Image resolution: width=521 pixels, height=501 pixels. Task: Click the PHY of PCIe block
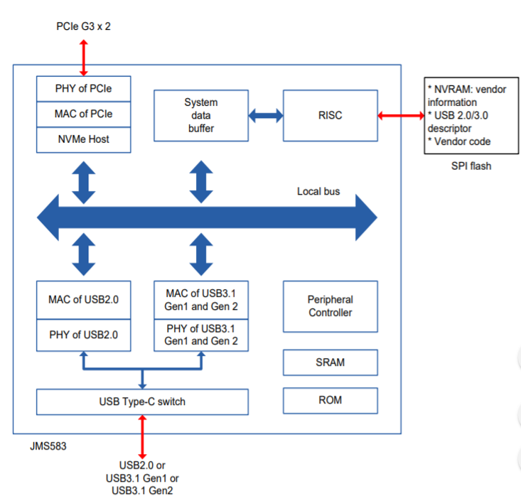(x=83, y=89)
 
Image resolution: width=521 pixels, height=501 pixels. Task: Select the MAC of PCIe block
(x=83, y=114)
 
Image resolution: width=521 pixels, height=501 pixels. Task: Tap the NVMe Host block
(x=83, y=139)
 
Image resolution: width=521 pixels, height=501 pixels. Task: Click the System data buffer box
(x=201, y=115)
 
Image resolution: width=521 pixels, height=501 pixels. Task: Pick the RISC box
(x=330, y=115)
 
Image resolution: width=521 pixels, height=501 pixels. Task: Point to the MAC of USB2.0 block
(x=83, y=300)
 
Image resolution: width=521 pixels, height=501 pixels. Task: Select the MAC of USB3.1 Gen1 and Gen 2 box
(x=201, y=300)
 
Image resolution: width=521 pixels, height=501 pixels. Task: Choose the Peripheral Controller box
(x=330, y=306)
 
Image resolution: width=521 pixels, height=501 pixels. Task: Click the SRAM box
(x=330, y=362)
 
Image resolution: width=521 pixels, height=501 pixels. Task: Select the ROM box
(x=330, y=400)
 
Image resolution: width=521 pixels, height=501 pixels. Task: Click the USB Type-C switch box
(x=142, y=402)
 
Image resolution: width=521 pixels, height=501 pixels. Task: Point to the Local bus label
(x=318, y=191)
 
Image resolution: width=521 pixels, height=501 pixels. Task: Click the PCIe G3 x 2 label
(x=83, y=26)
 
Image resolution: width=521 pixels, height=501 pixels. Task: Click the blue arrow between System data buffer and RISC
(x=265, y=115)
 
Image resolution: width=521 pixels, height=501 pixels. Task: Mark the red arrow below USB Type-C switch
(x=142, y=437)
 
